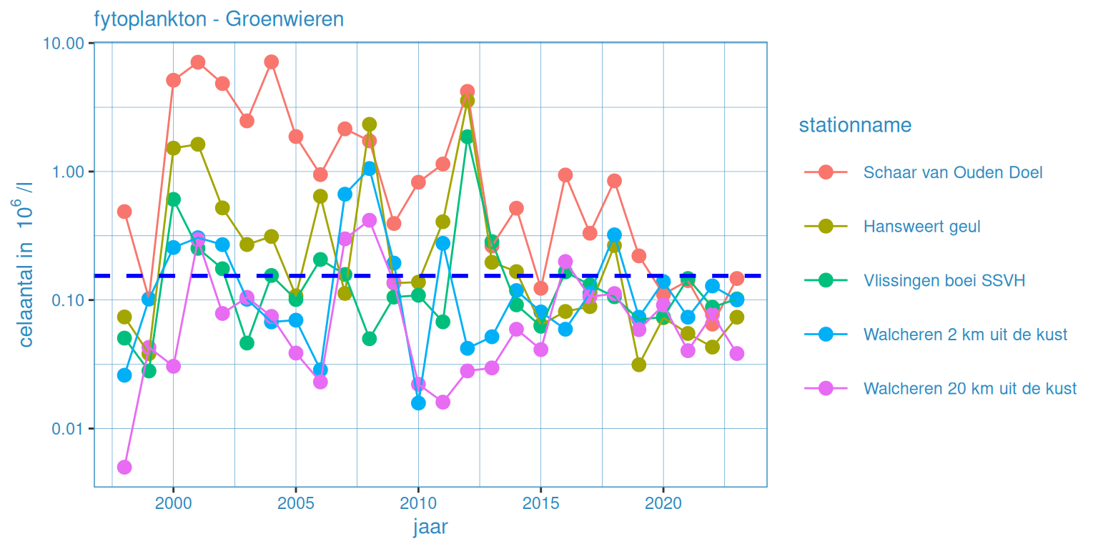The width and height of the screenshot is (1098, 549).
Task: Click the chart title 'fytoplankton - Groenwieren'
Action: click(x=219, y=19)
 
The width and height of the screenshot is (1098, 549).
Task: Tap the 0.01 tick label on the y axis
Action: click(x=69, y=429)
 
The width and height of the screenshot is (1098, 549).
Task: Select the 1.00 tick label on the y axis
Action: click(x=69, y=172)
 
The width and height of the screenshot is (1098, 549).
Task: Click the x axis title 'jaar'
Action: click(x=430, y=528)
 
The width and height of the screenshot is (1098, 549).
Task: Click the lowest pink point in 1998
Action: click(x=124, y=468)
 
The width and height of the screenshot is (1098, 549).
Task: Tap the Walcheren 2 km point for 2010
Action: click(x=418, y=403)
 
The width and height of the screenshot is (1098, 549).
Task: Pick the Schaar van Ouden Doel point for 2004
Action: click(x=271, y=62)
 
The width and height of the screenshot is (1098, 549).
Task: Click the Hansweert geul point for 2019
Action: click(x=639, y=365)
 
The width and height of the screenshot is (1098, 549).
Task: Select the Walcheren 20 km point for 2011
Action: click(x=442, y=402)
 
